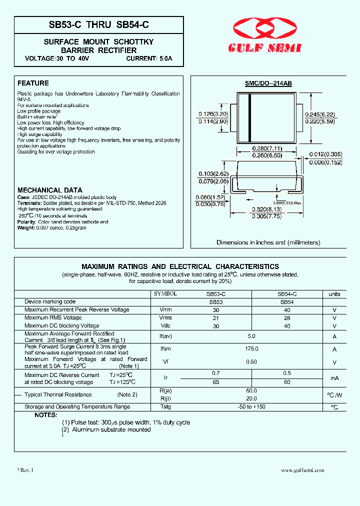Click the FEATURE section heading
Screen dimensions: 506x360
pos(33,83)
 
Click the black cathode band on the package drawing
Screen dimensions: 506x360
pos(250,118)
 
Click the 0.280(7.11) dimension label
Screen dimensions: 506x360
pos(267,149)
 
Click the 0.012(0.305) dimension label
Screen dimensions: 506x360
pos(325,155)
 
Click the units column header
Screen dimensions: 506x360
pos(334,294)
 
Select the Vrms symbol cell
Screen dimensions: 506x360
pos(165,318)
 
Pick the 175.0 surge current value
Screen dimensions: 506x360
pos(251,349)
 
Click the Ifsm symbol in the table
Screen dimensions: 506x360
pos(165,349)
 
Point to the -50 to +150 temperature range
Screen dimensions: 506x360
pos(251,407)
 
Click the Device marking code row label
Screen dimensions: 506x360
pos(50,302)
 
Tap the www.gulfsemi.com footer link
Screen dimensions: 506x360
pos(302,470)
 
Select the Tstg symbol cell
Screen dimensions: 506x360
pos(165,407)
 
